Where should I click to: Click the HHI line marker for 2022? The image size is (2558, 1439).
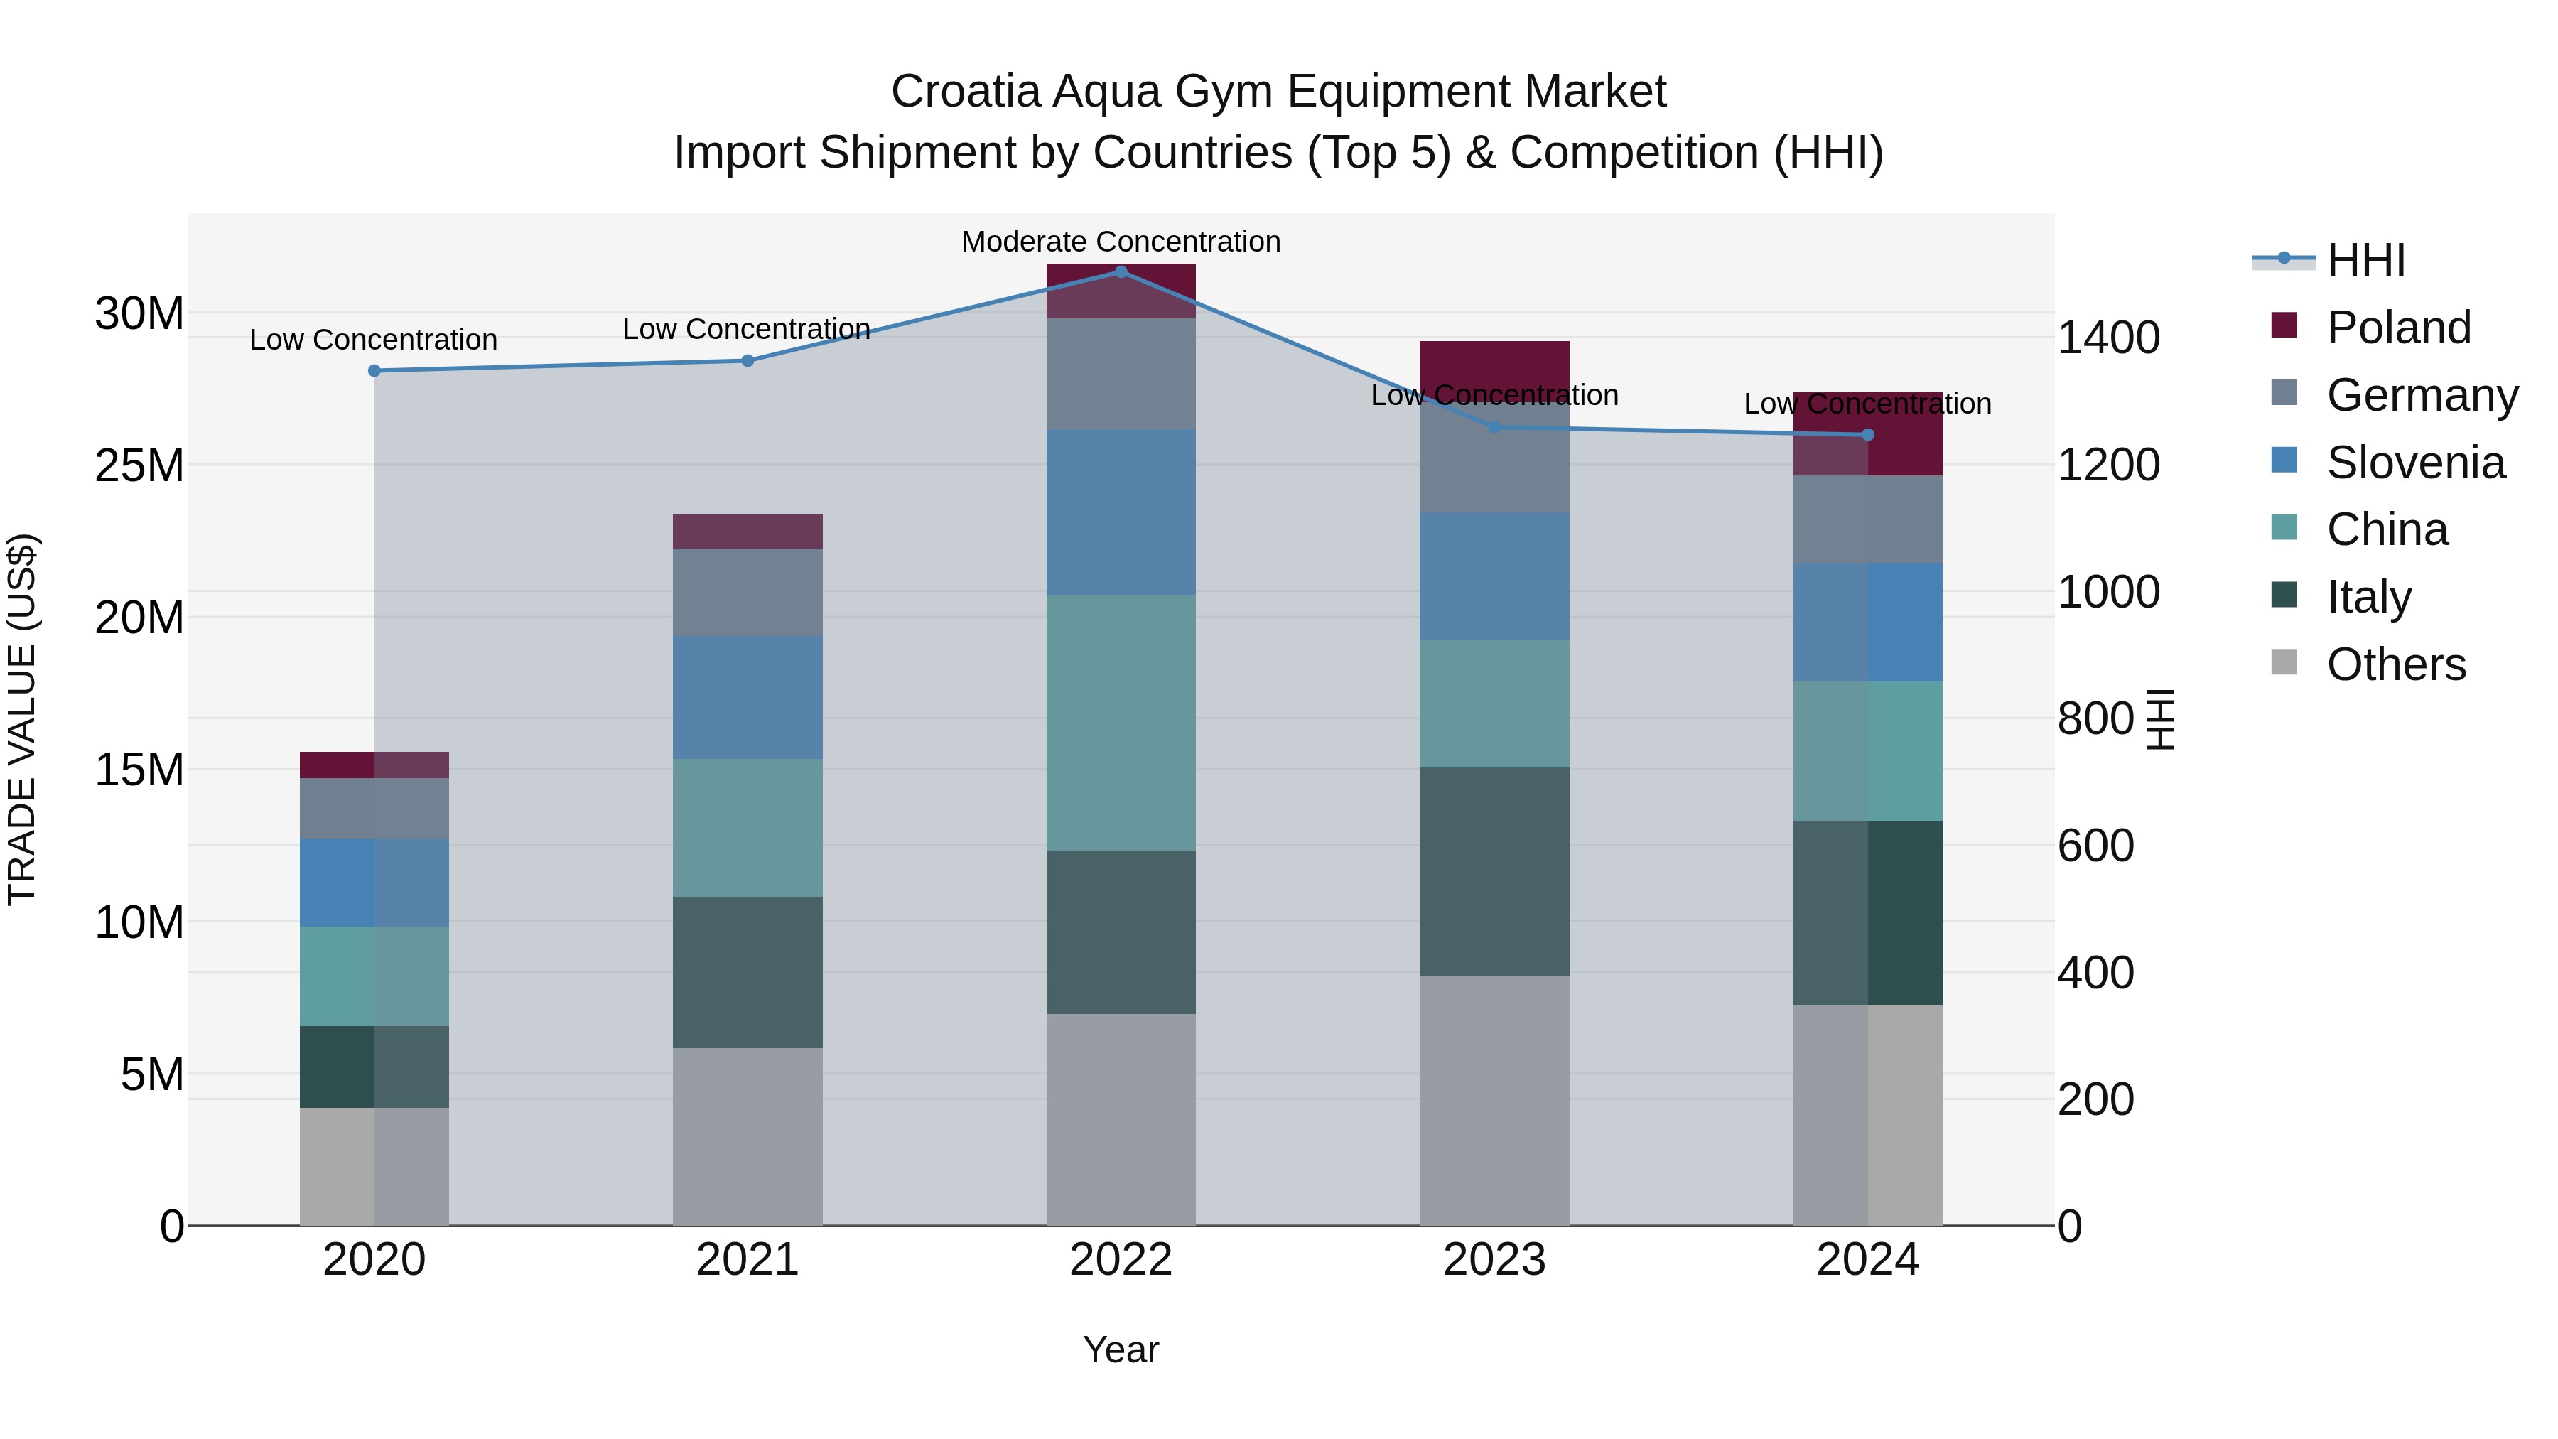tap(1121, 271)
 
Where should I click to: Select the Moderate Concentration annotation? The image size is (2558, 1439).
tap(1121, 242)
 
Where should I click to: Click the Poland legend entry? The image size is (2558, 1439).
tap(2397, 327)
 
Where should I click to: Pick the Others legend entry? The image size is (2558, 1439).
tap(2395, 664)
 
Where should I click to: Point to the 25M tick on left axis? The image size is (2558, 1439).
tap(139, 465)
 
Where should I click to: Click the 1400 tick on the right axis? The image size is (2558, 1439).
tap(2108, 338)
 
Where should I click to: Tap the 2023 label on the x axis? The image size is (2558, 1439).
tap(1494, 1259)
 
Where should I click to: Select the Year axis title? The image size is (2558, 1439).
tap(1121, 1349)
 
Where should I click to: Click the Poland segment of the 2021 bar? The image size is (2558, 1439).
tap(748, 532)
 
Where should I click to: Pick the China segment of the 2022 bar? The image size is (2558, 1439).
tap(1121, 722)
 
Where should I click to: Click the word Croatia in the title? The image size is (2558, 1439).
tap(965, 92)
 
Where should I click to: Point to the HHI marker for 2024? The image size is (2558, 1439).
tap(1867, 434)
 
